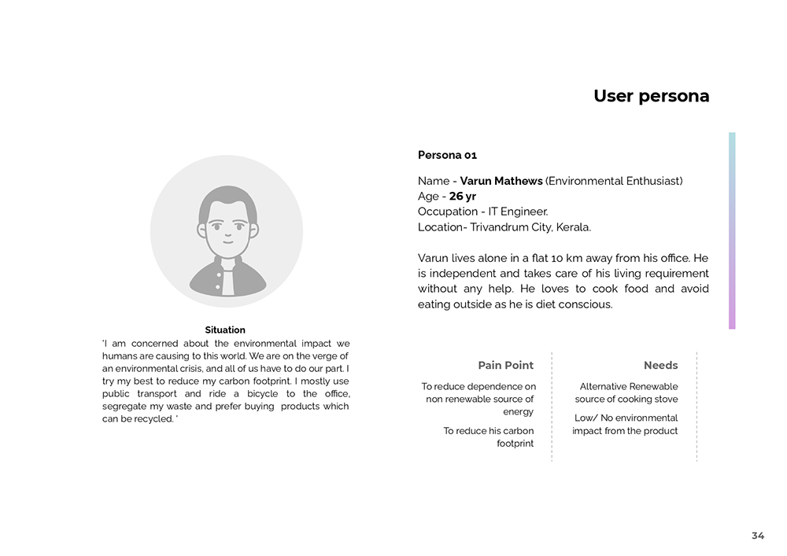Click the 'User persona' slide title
tap(651, 96)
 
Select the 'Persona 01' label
tap(447, 155)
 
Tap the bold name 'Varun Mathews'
tap(501, 181)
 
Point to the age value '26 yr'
tap(463, 197)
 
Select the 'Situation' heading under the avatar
tap(225, 330)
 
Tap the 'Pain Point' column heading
tap(505, 365)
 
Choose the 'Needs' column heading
tap(660, 365)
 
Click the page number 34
tap(758, 536)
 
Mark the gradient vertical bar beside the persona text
tap(732, 230)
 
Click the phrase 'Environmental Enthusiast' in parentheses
tap(614, 181)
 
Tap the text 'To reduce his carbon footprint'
tap(488, 437)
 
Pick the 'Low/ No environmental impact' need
tap(626, 425)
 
